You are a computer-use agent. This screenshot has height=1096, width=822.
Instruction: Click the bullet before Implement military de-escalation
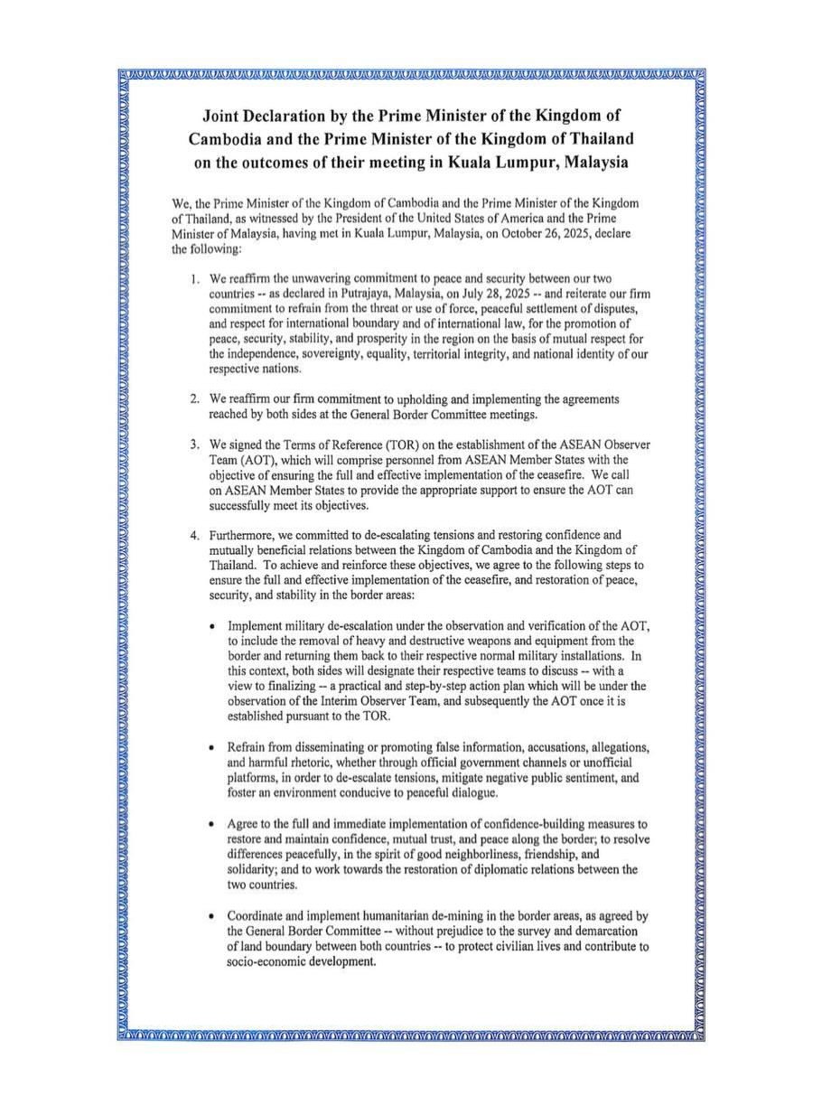coord(210,626)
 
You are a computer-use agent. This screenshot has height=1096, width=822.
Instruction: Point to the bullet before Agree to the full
coord(210,825)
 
